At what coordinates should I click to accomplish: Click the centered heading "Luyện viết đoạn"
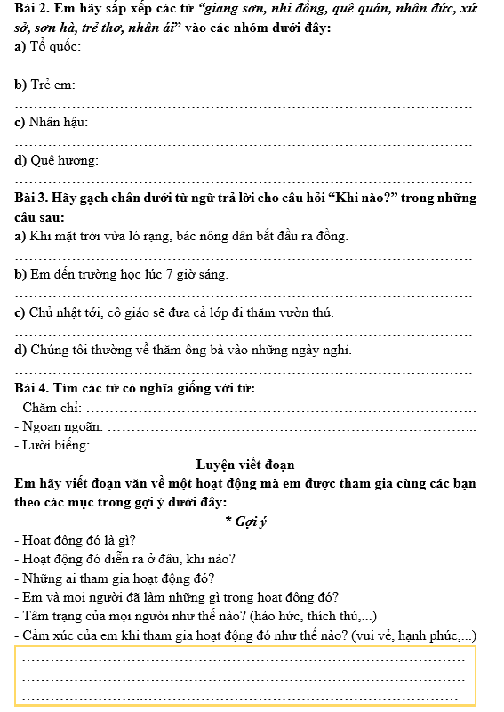click(x=245, y=465)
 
